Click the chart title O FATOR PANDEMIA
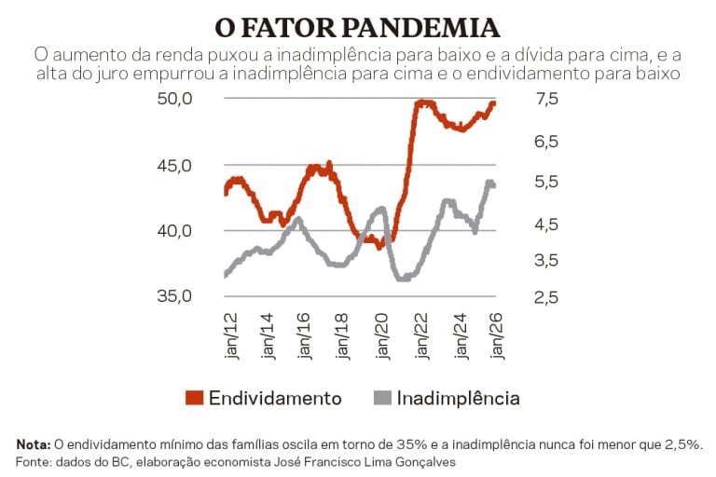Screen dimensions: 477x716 click(357, 25)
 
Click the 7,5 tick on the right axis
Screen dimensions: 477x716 click(547, 100)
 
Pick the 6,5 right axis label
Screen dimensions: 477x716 click(547, 142)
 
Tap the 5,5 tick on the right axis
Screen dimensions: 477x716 click(547, 183)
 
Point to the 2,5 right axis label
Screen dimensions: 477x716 click(547, 297)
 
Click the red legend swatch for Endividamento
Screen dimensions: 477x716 click(194, 399)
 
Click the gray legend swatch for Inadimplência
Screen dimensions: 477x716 click(381, 399)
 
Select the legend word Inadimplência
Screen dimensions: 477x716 click(458, 399)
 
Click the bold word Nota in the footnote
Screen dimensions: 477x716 click(34, 444)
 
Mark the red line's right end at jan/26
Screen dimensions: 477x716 click(494, 102)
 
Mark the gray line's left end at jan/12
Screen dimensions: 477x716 click(226, 275)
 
